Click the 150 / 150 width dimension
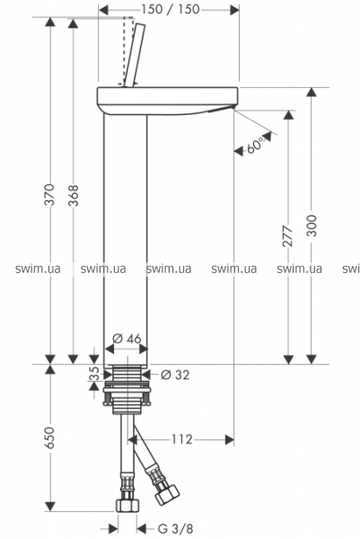pos(170,9)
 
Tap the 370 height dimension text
pos(50,195)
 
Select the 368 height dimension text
pos(73,195)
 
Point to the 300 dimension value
pos(312,225)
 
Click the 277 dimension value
pos(287,235)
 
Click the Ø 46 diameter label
pos(127,339)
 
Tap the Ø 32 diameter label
pos(175,375)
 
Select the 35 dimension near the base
pos(94,374)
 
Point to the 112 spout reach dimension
pos(182,439)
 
